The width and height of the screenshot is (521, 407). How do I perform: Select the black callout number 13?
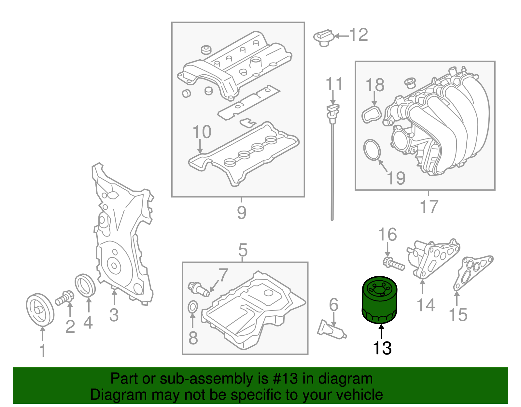pos(382,348)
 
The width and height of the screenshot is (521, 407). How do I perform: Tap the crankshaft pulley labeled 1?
pos(40,309)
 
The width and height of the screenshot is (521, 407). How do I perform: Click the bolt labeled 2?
pos(65,298)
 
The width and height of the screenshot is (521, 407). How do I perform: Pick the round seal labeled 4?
pos(85,286)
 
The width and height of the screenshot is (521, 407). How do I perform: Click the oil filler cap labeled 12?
pos(324,37)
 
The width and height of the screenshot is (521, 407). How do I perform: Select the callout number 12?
pos(359,35)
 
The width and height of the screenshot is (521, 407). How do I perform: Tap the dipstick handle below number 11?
pos(332,111)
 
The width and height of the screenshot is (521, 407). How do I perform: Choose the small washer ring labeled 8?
pos(193,307)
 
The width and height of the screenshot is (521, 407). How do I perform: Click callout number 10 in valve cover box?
pos(202,132)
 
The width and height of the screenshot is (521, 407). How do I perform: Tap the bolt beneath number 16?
pos(394,264)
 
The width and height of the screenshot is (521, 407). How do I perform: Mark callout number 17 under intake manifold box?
pos(429,207)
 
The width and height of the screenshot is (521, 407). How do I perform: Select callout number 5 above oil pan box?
pos(243,250)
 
